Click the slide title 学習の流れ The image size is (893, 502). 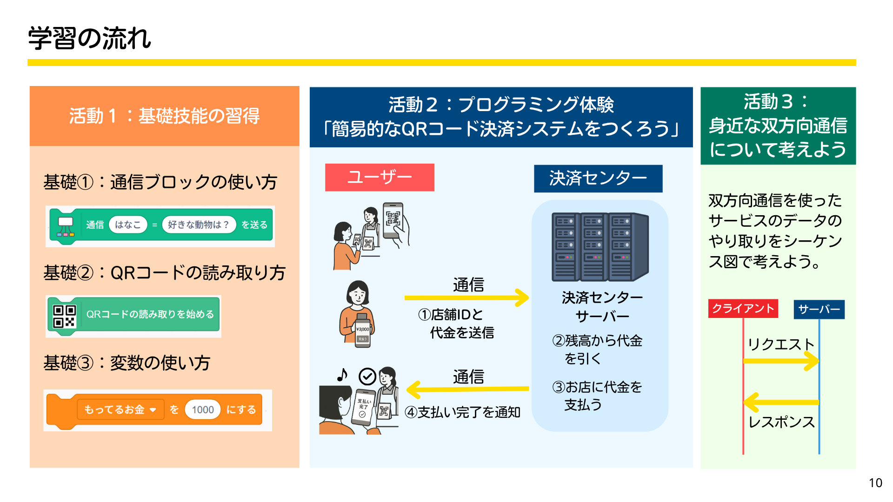tap(90, 38)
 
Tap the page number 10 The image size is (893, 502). tap(875, 483)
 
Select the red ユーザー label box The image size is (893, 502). tap(380, 177)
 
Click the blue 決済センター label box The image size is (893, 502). tap(598, 178)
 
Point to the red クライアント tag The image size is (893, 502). tap(743, 309)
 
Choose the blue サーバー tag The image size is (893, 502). tap(819, 310)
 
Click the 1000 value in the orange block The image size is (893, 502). tap(203, 410)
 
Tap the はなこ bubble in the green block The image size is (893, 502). tap(128, 225)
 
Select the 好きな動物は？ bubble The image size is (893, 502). tap(199, 225)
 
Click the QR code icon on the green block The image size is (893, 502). tap(64, 316)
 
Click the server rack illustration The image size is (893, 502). tap(600, 246)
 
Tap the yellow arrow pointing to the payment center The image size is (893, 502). tap(466, 297)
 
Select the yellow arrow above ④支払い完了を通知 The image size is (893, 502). tap(467, 389)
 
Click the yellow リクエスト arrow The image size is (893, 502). tap(781, 361)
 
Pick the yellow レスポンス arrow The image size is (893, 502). tap(781, 402)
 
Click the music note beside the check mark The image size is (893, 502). tap(342, 375)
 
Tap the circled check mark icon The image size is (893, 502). tap(367, 376)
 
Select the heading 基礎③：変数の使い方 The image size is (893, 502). tap(127, 363)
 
